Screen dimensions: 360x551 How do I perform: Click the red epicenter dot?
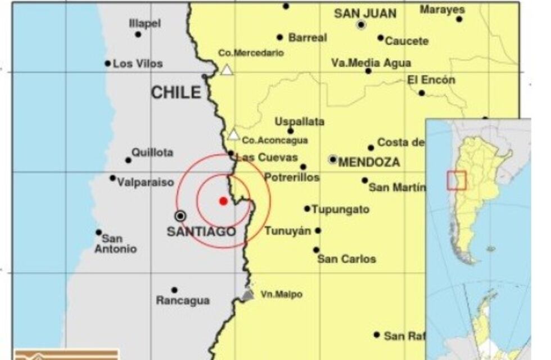click(223, 201)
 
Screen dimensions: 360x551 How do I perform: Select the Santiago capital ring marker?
click(180, 215)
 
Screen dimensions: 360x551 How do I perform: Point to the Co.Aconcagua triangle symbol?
click(233, 135)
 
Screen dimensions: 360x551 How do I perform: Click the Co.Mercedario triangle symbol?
click(227, 70)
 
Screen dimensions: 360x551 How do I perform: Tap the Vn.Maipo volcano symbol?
click(247, 293)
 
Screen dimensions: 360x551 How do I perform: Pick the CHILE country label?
click(175, 93)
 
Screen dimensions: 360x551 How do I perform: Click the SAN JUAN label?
click(365, 13)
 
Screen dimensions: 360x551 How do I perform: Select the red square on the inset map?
click(456, 181)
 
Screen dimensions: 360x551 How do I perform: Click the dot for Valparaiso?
click(112, 178)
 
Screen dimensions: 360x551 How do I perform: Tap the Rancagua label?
click(183, 301)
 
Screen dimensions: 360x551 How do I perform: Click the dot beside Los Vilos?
click(107, 64)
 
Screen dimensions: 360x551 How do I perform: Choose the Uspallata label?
click(299, 121)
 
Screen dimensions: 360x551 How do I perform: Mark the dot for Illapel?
click(138, 34)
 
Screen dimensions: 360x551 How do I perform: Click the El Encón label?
click(431, 80)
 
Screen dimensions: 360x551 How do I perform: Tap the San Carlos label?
click(346, 259)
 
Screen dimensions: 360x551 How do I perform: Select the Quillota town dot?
click(128, 160)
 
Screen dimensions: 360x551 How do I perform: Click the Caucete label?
click(407, 41)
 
